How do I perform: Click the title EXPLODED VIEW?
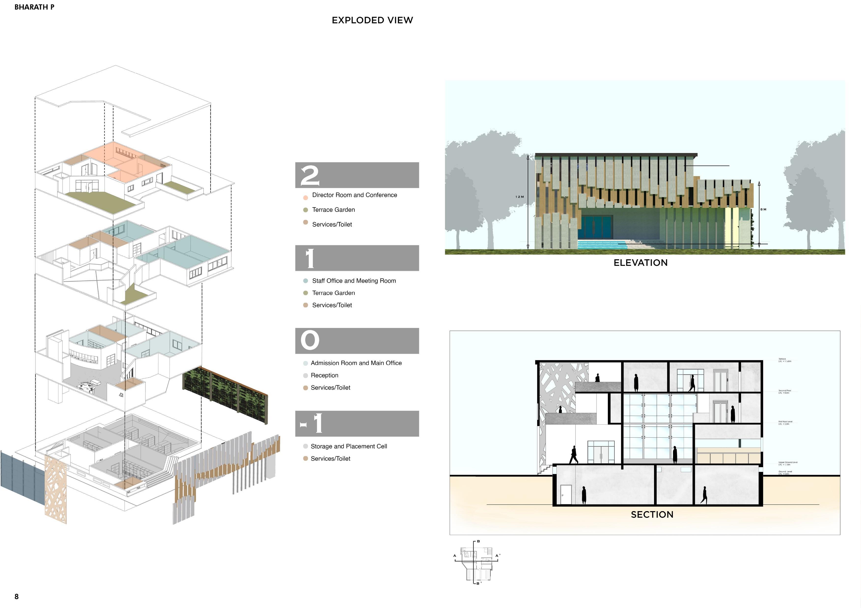tap(372, 20)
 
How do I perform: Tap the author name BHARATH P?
tap(34, 7)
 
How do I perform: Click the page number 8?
tap(16, 596)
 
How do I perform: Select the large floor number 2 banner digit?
tap(310, 175)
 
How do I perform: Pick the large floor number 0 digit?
tap(310, 340)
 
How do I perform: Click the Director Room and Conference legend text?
tap(354, 195)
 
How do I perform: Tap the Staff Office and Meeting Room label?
tap(354, 281)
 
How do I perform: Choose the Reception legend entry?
tap(324, 375)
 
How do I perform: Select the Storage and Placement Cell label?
tap(349, 446)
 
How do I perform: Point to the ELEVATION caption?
tap(640, 263)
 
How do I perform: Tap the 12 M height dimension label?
tap(519, 197)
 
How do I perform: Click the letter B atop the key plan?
tap(478, 541)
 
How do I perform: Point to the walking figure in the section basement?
tap(704, 495)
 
